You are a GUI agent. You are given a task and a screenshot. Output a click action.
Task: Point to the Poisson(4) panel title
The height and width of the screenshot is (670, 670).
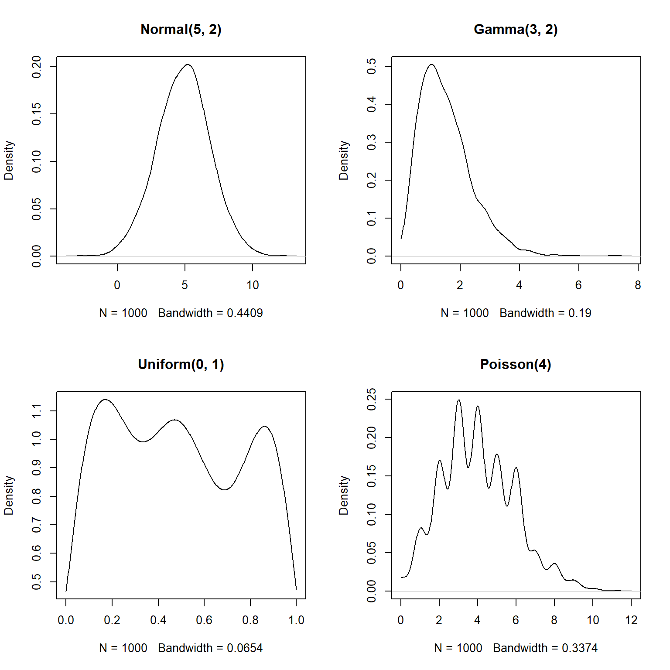coord(516,364)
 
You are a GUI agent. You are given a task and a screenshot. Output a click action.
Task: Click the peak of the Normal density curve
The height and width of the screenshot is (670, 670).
coord(188,65)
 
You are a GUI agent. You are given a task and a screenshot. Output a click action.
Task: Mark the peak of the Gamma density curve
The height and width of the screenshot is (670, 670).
coord(431,65)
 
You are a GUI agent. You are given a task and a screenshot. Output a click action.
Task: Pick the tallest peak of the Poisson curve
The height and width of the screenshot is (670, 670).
coord(458,400)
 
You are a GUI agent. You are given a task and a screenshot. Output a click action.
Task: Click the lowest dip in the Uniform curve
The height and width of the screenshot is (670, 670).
coord(224,489)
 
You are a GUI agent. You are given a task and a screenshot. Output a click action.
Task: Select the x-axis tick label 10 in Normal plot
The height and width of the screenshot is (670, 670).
coord(253,285)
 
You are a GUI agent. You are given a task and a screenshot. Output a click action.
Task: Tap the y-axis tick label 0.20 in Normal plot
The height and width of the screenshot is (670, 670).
coord(37,67)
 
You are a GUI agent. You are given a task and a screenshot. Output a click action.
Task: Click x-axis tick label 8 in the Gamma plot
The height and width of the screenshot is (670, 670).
coord(638,285)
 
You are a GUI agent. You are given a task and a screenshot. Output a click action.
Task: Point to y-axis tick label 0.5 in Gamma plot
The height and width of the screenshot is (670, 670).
coord(372,66)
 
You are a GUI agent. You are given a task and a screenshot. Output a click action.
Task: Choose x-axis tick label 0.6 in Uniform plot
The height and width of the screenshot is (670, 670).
coord(204,620)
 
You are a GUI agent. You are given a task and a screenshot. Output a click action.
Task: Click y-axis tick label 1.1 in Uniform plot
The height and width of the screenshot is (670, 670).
coord(37,410)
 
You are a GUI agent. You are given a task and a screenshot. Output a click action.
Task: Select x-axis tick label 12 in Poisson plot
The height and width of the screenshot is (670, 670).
coord(631,620)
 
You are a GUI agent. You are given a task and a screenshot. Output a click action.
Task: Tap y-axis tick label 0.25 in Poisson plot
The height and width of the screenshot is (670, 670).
coord(372,399)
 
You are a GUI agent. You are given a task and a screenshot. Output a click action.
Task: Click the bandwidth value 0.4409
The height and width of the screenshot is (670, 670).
coord(245,313)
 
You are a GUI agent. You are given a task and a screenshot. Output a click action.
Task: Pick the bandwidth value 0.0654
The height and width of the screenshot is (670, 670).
coord(245,648)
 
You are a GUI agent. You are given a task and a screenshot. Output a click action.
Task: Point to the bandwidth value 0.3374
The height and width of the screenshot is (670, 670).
coord(580,648)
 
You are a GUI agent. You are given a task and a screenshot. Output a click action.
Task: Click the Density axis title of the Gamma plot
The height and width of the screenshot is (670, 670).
coord(344,160)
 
